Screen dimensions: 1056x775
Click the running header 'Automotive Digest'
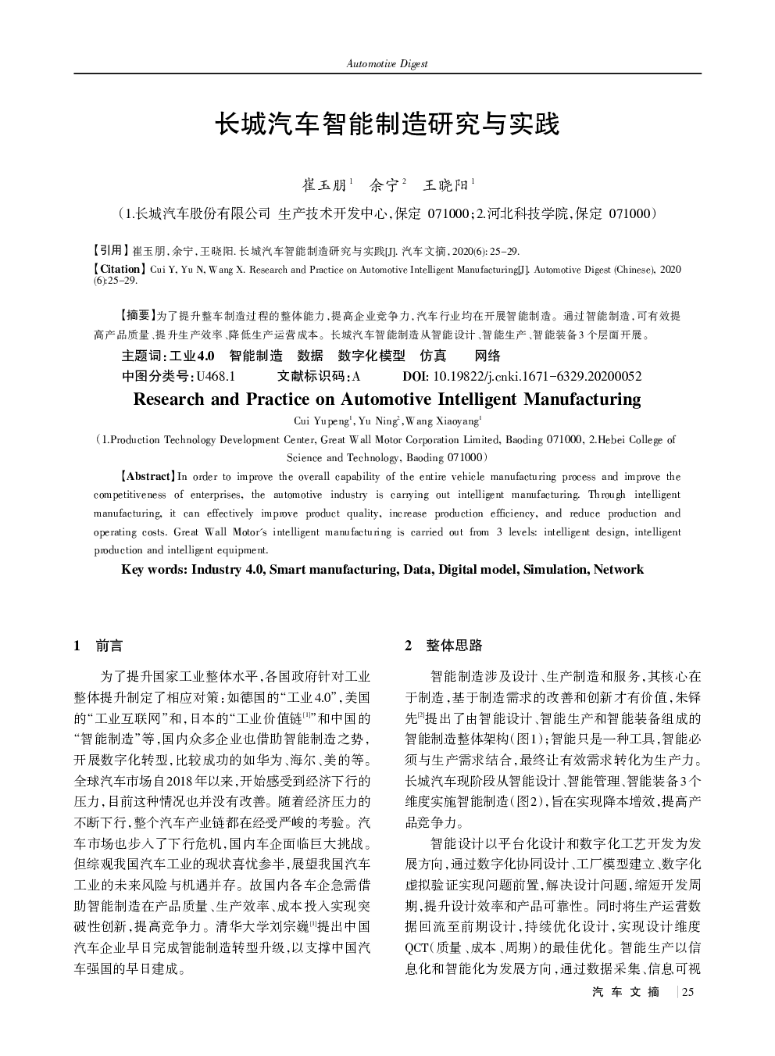pyautogui.click(x=387, y=64)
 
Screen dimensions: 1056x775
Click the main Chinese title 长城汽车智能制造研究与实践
pyautogui.click(x=387, y=123)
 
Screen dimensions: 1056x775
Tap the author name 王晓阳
pyautogui.click(x=445, y=185)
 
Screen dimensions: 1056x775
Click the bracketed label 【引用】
pyautogui.click(x=109, y=251)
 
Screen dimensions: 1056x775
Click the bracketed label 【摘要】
pyautogui.click(x=137, y=316)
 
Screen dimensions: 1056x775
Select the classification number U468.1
pyautogui.click(x=216, y=376)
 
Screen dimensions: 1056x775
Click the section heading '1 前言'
pyautogui.click(x=98, y=646)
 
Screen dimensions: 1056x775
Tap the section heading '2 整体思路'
pyautogui.click(x=444, y=646)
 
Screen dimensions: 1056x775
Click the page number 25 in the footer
pyautogui.click(x=688, y=992)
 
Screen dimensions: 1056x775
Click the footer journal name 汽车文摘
pyautogui.click(x=626, y=992)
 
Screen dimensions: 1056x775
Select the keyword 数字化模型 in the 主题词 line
pyautogui.click(x=372, y=356)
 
